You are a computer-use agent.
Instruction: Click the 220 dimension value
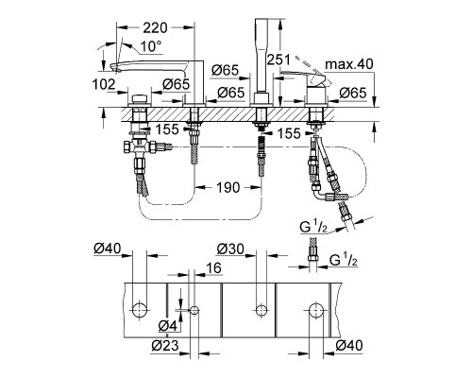pyautogui.click(x=156, y=27)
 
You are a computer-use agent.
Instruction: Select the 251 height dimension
pyautogui.click(x=278, y=60)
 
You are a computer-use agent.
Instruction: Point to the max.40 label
pyautogui.click(x=349, y=64)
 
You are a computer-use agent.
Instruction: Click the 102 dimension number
pyautogui.click(x=104, y=84)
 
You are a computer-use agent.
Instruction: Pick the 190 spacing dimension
pyautogui.click(x=228, y=187)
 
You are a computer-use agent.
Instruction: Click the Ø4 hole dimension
pyautogui.click(x=169, y=326)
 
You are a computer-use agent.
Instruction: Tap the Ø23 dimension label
pyautogui.click(x=165, y=346)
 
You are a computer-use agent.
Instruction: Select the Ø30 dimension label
pyautogui.click(x=230, y=249)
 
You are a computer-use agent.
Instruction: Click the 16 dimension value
pyautogui.click(x=214, y=268)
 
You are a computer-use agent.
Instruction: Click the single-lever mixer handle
pyautogui.click(x=305, y=78)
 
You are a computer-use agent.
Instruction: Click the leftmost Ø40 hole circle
pyautogui.click(x=139, y=311)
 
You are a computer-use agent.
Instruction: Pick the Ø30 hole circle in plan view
pyautogui.click(x=261, y=310)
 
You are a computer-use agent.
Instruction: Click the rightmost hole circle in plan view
pyautogui.click(x=315, y=310)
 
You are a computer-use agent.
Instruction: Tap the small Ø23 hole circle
pyautogui.click(x=194, y=311)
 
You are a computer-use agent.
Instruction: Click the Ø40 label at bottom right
pyautogui.click(x=349, y=346)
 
